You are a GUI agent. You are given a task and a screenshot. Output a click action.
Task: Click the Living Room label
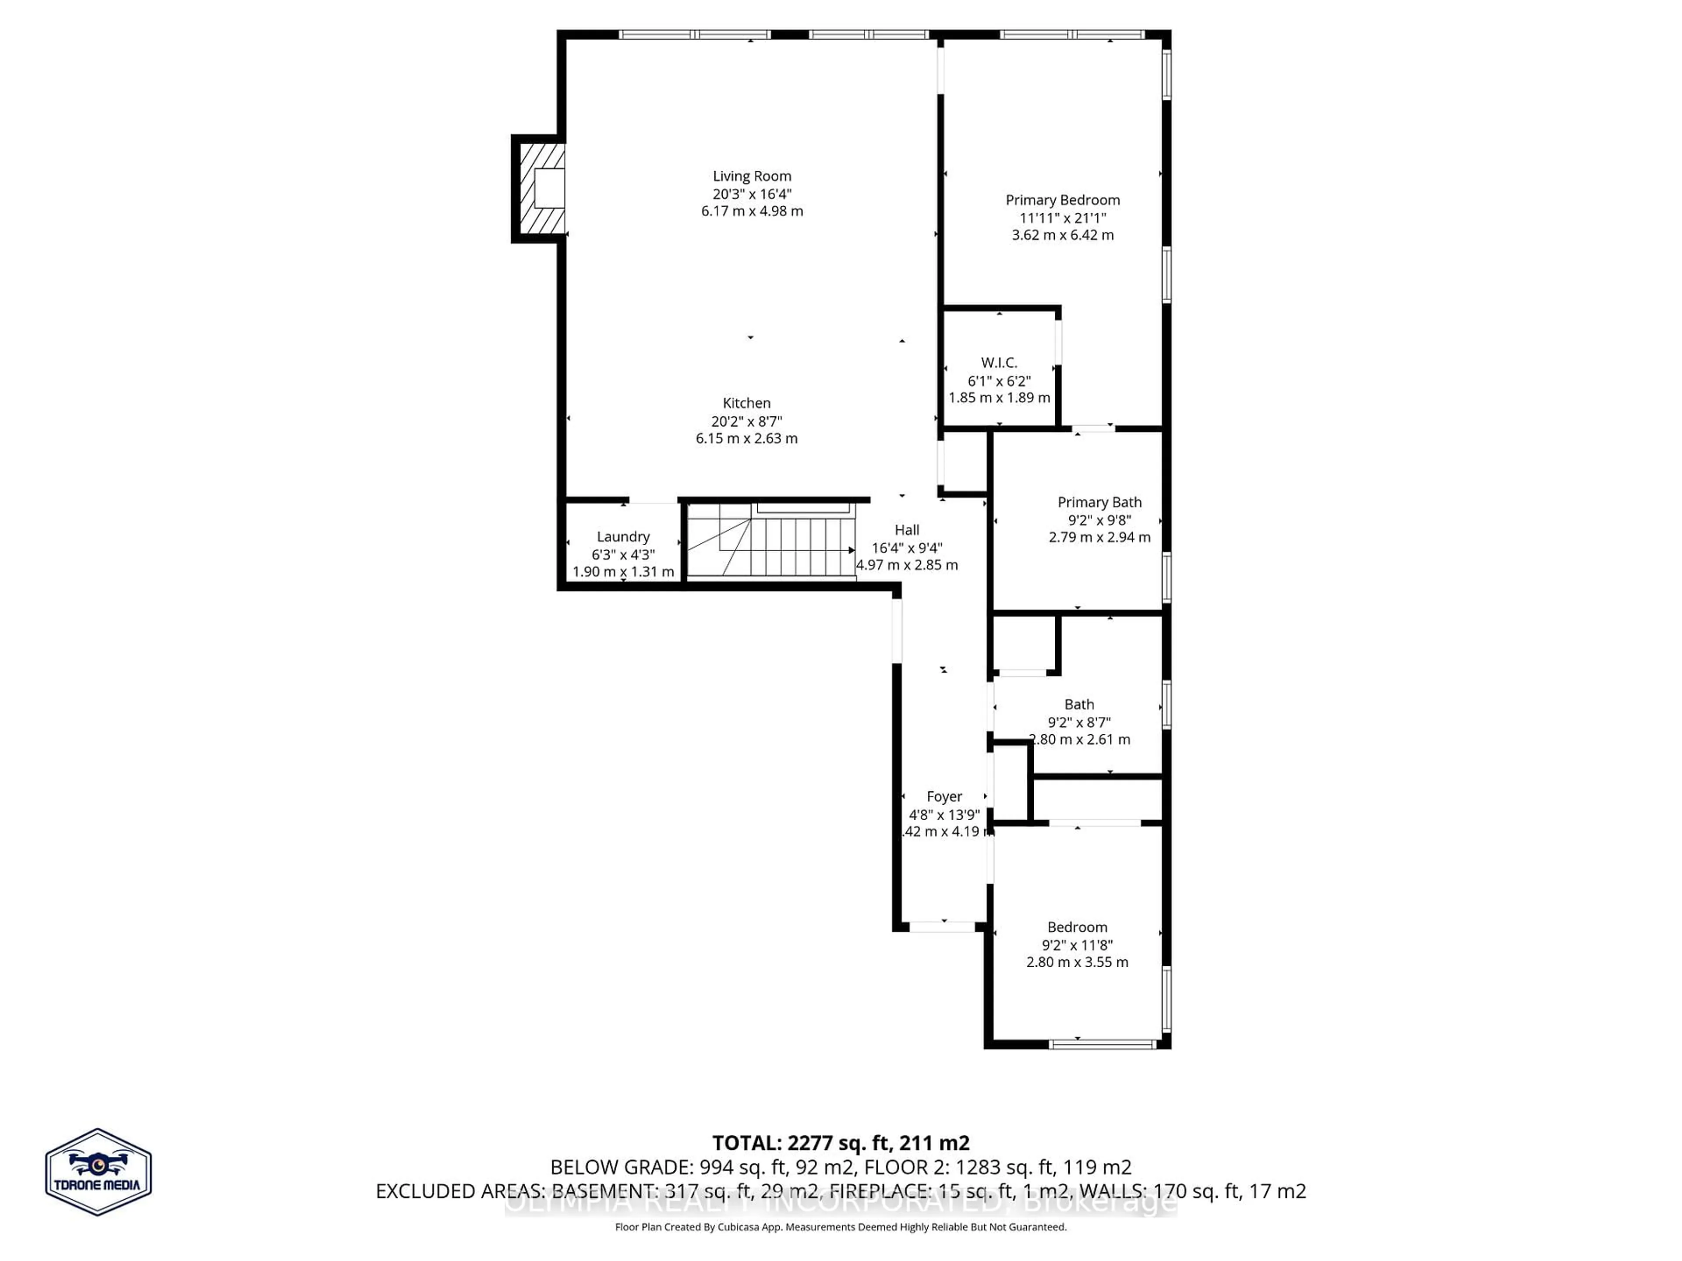751,176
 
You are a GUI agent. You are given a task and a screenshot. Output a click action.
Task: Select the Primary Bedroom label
1062,200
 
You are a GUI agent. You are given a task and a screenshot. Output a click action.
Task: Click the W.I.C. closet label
998,363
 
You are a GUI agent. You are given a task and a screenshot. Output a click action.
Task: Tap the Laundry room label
623,537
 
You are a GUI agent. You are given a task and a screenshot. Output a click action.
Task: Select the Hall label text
906,530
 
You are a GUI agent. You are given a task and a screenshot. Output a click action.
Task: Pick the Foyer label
943,796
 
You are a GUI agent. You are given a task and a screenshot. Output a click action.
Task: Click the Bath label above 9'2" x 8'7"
1078,704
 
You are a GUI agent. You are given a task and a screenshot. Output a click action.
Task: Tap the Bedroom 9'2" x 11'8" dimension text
1077,945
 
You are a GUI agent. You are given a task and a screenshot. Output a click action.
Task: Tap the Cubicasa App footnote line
840,1227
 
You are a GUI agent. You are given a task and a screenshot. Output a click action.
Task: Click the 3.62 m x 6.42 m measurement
1062,235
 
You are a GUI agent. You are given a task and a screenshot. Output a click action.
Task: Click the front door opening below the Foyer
942,926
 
